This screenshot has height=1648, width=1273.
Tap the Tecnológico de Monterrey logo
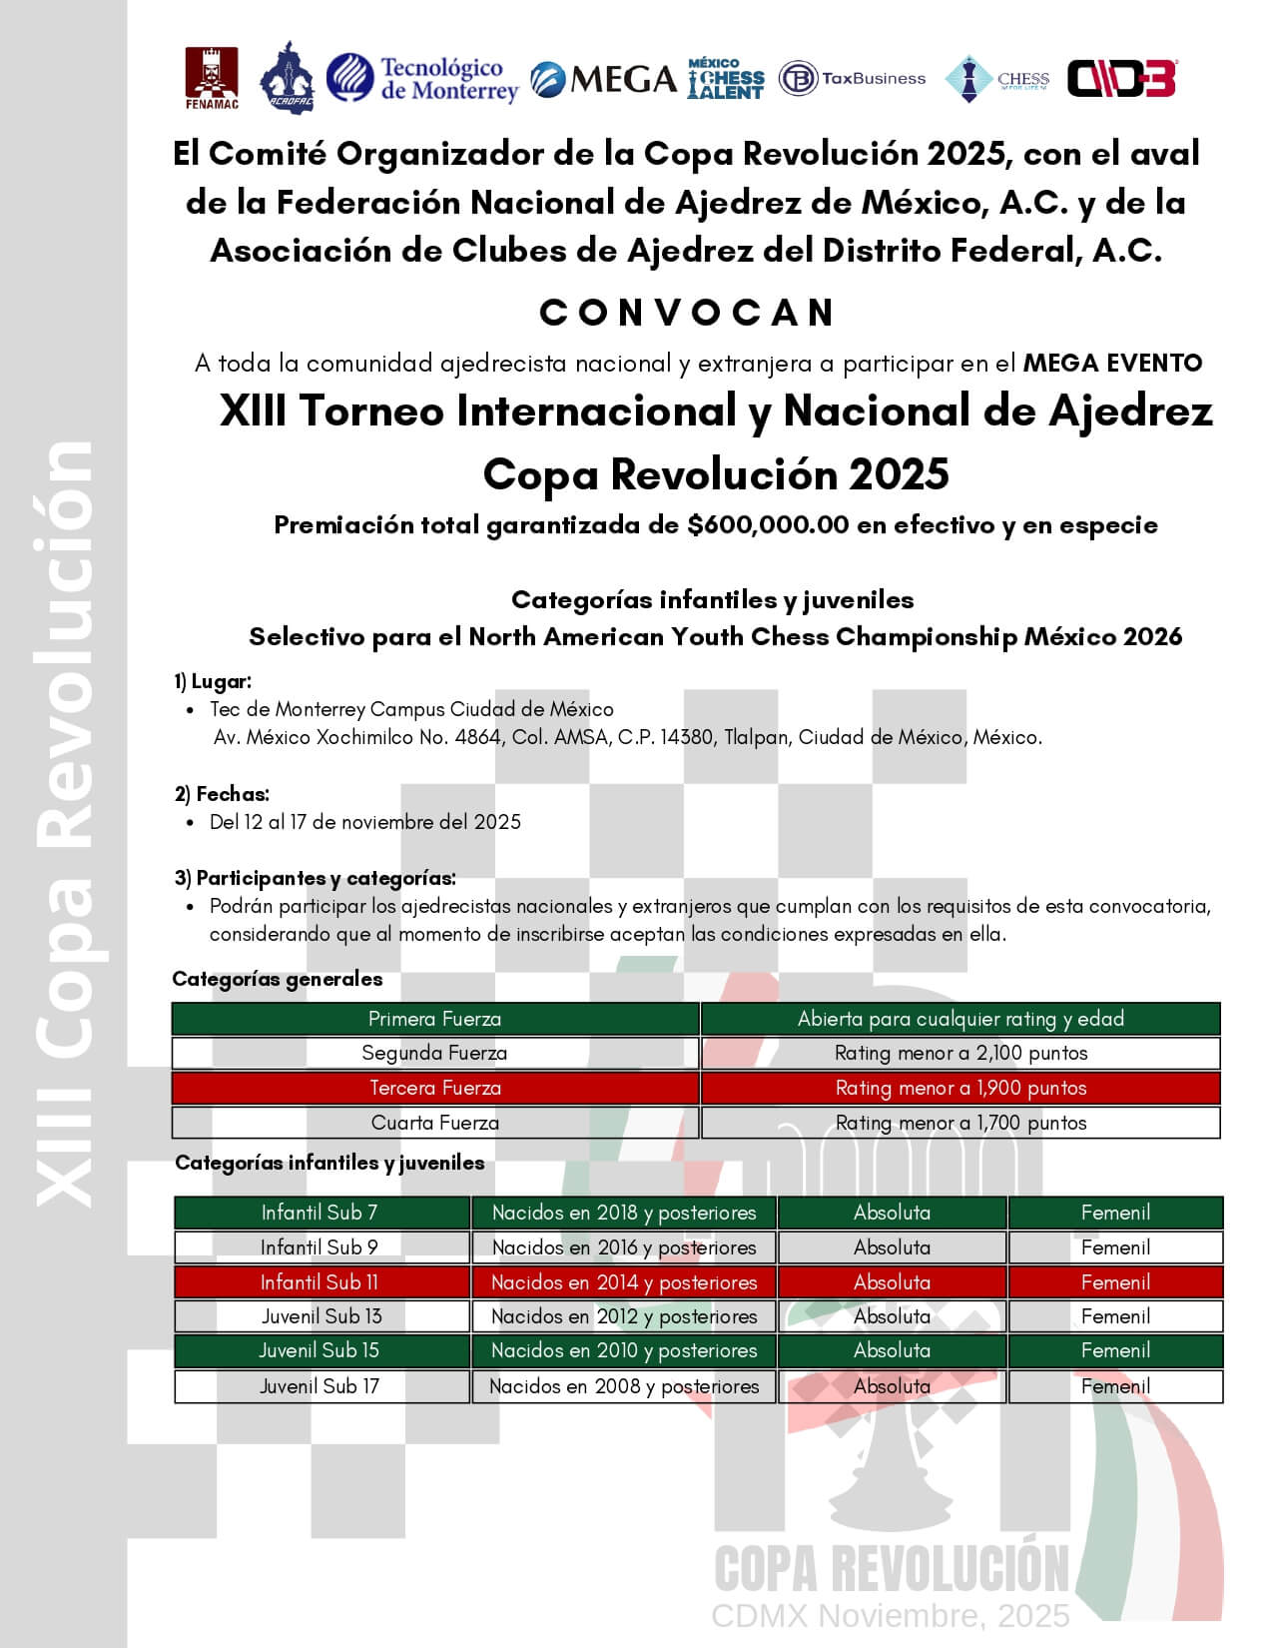pyautogui.click(x=422, y=79)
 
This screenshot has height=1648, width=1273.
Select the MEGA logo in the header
pyautogui.click(x=604, y=79)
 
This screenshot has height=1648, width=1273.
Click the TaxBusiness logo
pyautogui.click(x=852, y=78)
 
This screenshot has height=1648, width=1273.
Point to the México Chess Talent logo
pyautogui.click(x=726, y=78)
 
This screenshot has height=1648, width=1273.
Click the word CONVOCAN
pyautogui.click(x=687, y=313)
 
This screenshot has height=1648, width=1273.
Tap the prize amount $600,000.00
pyautogui.click(x=768, y=525)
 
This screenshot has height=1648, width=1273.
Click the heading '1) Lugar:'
pyautogui.click(x=213, y=681)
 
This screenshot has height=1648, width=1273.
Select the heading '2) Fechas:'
pyautogui.click(x=222, y=794)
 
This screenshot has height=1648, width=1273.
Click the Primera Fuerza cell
pyautogui.click(x=434, y=1019)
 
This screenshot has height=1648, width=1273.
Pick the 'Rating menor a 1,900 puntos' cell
pyautogui.click(x=960, y=1088)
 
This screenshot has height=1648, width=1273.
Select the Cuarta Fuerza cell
pyautogui.click(x=434, y=1123)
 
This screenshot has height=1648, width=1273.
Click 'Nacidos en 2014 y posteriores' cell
pyautogui.click(x=624, y=1282)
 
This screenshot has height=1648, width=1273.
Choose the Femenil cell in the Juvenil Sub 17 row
pyautogui.click(x=1115, y=1386)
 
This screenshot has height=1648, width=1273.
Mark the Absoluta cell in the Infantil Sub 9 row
pyautogui.click(x=892, y=1247)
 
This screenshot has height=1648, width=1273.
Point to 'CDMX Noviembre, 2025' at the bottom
pyautogui.click(x=890, y=1615)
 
